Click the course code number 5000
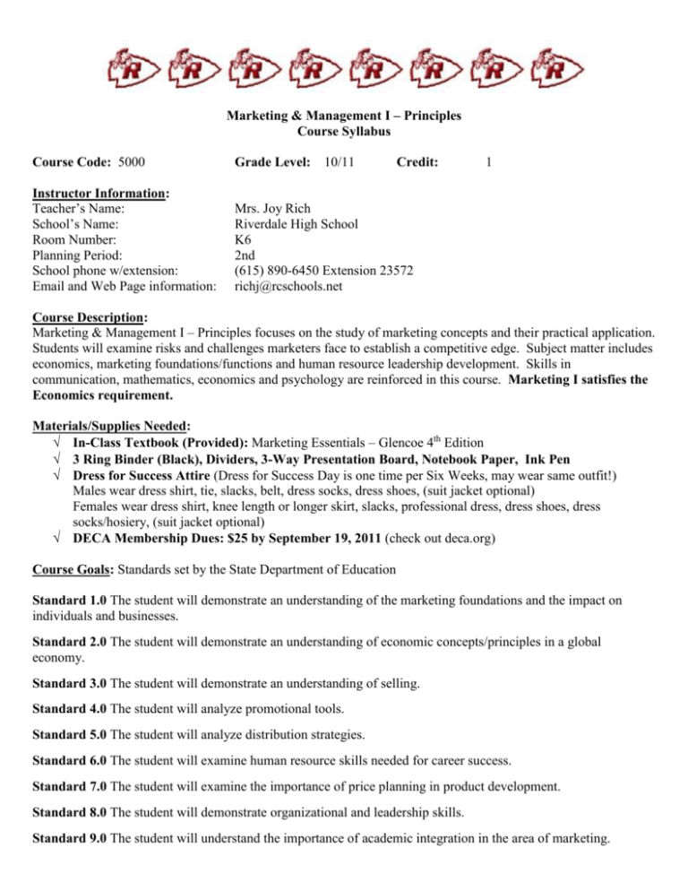(133, 162)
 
